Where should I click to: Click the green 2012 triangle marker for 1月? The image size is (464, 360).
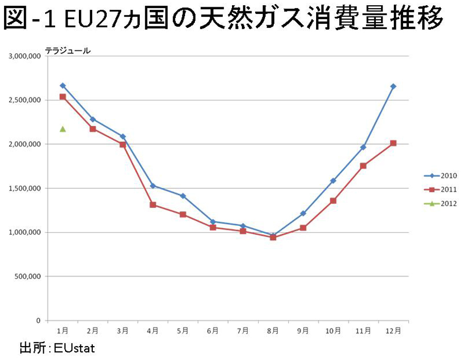pos(62,129)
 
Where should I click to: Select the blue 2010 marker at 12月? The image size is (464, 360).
pos(393,86)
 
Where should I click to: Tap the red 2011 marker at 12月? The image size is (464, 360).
pos(393,143)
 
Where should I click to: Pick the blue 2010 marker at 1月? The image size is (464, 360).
pos(62,85)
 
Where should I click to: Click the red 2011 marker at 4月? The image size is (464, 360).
pos(153,205)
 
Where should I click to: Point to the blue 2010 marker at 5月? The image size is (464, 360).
pos(183,196)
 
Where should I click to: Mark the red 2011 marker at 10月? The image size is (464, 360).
pos(333,201)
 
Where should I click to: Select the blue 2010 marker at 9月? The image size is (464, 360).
pos(303,213)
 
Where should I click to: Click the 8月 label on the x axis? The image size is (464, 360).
pos(273,330)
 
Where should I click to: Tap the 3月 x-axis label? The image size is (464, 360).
pos(123,330)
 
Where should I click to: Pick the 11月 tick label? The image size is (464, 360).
pos(363,330)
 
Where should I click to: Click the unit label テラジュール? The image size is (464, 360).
pos(68,51)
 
